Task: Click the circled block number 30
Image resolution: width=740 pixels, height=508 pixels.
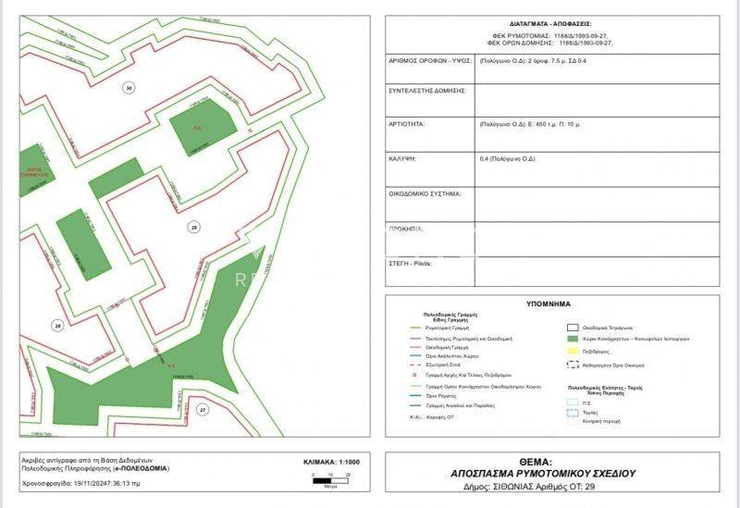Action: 129,88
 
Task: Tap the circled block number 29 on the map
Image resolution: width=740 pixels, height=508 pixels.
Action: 193,226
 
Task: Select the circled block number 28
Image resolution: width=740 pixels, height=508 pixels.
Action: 58,325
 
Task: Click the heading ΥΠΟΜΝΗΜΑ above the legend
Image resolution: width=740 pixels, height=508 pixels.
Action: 549,304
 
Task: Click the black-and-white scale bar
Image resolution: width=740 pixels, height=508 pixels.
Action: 329,480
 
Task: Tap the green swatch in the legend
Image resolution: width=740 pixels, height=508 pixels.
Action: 573,340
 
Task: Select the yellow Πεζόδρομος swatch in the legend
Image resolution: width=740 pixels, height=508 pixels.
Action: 573,353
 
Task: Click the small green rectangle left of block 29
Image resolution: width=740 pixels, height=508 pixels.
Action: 117,177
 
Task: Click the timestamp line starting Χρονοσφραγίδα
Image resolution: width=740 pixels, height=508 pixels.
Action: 81,483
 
